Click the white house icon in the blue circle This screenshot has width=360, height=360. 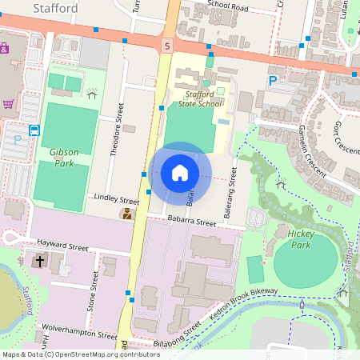(x=180, y=172)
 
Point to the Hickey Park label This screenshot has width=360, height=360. (x=302, y=238)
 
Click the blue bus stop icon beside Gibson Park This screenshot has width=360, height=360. (x=34, y=130)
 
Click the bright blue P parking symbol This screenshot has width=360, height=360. (x=273, y=81)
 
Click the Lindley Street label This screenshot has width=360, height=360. (x=116, y=197)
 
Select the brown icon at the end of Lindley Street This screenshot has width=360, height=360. (x=126, y=214)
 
